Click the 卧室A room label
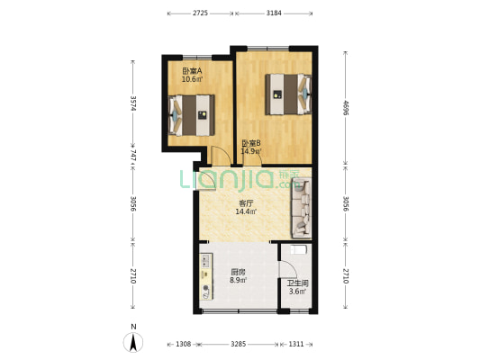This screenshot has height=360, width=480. tap(191, 71)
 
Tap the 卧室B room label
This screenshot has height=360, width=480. tap(251, 143)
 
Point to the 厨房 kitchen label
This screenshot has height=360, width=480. tap(239, 272)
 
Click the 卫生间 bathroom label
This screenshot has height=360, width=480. tap(298, 283)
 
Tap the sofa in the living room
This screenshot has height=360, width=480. tap(301, 206)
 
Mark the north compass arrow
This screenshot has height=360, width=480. tap(133, 342)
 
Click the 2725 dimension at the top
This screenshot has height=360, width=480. tap(201, 13)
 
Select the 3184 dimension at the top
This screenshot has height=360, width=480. tap(275, 13)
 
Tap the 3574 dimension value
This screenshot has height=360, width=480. tap(133, 103)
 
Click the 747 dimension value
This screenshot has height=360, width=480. tap(133, 155)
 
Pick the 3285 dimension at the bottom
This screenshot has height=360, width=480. tap(239, 344)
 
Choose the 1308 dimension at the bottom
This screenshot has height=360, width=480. tap(183, 344)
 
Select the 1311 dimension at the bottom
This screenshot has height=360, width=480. tap(296, 344)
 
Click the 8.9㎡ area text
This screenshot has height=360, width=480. tap(239, 281)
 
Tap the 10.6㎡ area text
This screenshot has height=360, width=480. tap(191, 79)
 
